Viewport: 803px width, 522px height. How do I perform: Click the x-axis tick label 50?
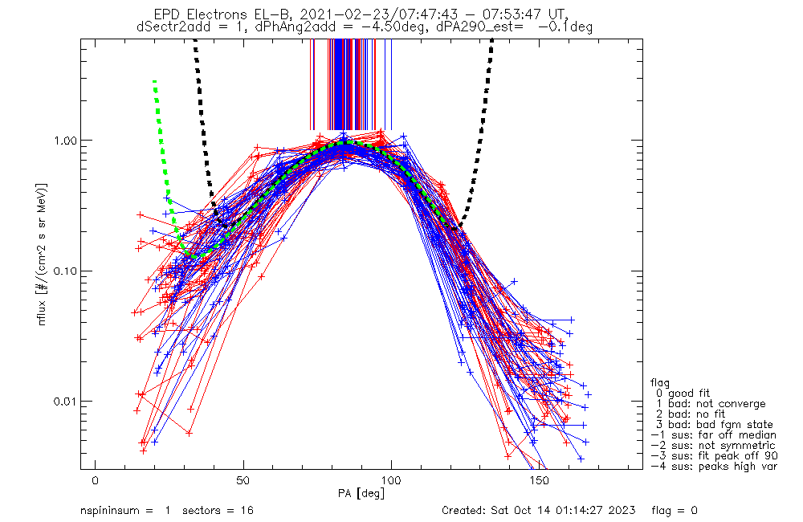(243, 480)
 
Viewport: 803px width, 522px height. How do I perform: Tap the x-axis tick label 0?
(96, 480)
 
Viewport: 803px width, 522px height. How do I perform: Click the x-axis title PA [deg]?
(366, 491)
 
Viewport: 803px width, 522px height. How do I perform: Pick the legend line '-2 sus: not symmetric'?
(713, 446)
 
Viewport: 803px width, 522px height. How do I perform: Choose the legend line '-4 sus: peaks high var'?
(713, 467)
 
